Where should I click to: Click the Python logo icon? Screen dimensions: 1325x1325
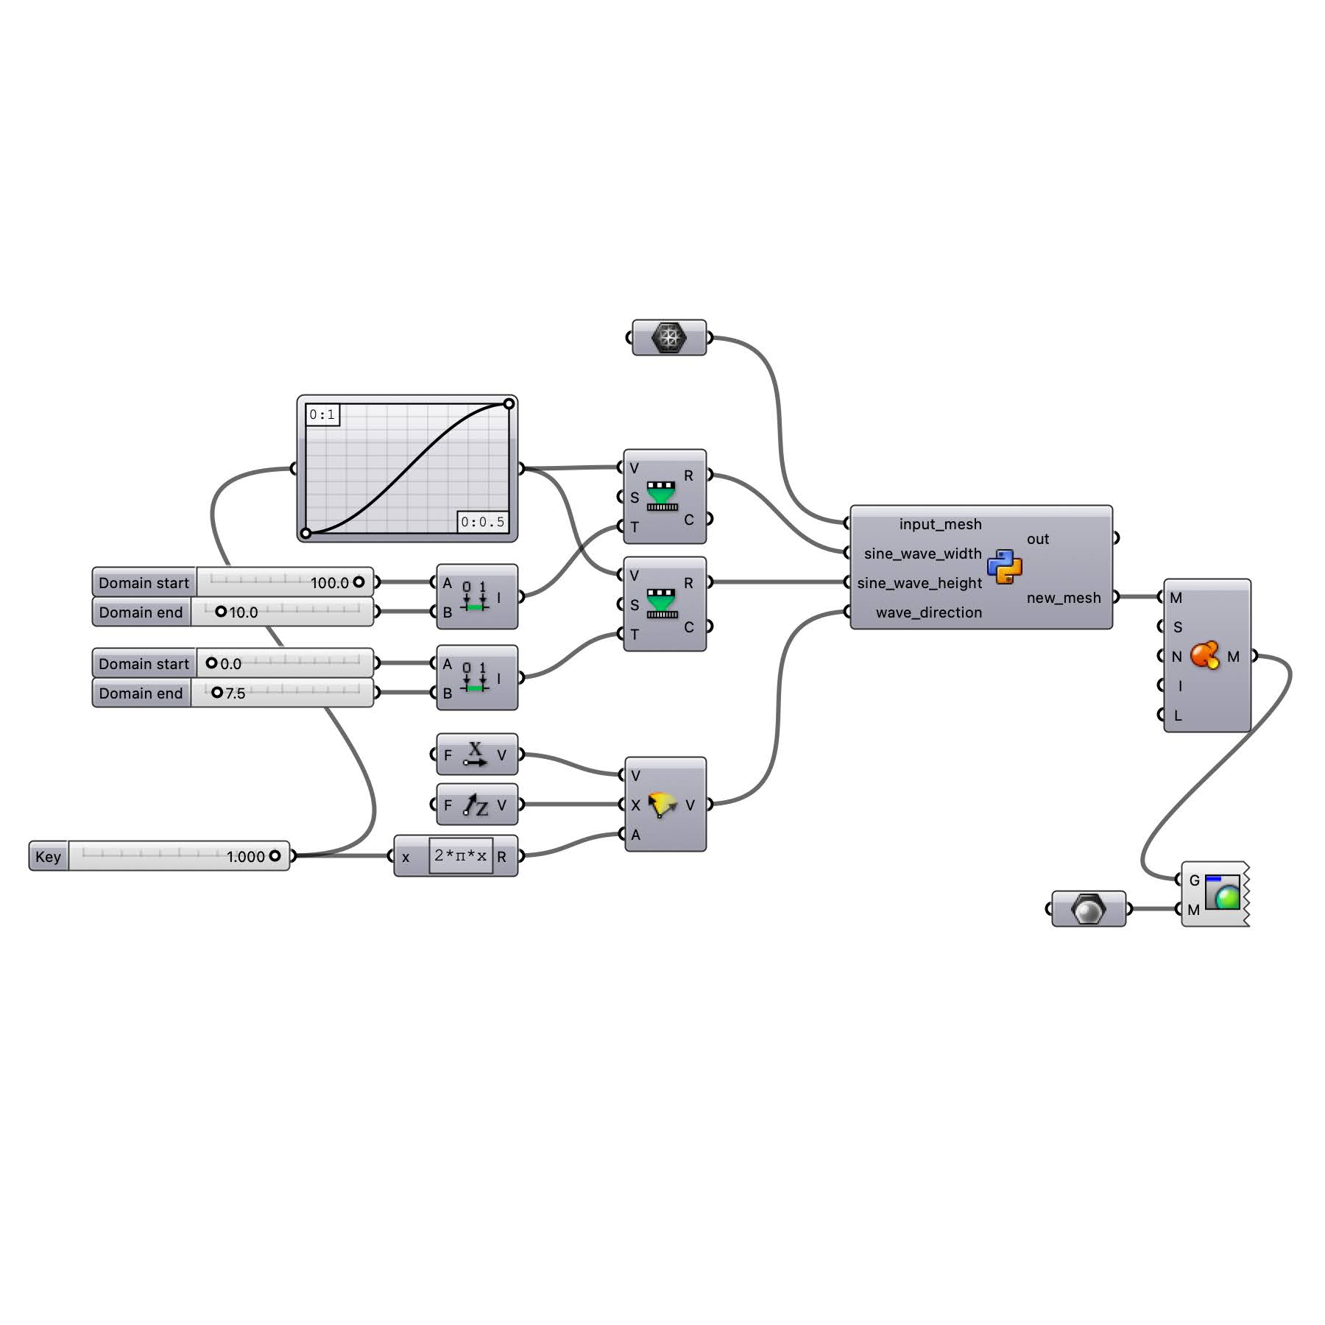coord(1005,567)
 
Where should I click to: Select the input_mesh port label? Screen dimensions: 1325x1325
coord(940,524)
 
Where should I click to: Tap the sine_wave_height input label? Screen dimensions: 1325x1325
coord(919,583)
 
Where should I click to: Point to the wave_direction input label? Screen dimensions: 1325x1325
coord(928,612)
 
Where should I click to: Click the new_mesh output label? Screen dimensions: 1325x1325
coord(1064,598)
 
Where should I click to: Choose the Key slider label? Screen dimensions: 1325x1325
coord(48,856)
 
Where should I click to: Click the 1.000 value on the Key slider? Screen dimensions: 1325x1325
coord(245,857)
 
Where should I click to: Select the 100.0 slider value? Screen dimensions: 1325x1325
coord(329,583)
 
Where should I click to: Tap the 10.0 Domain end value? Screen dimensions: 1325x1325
coord(243,612)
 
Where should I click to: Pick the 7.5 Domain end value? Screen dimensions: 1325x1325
coord(235,693)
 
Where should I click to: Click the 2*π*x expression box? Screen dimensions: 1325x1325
coord(461,855)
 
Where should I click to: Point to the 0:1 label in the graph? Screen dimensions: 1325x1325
coord(322,414)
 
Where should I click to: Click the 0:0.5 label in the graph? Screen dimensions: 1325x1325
coord(483,522)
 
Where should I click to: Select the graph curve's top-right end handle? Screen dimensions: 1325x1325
coord(509,403)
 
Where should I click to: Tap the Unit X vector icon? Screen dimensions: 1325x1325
coord(475,755)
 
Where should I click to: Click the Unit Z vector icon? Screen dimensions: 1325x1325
coord(476,805)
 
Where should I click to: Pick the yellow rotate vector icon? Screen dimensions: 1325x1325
coord(662,805)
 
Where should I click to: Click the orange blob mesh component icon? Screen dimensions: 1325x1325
coord(1205,655)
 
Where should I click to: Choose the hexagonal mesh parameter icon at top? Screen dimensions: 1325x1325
coord(669,337)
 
